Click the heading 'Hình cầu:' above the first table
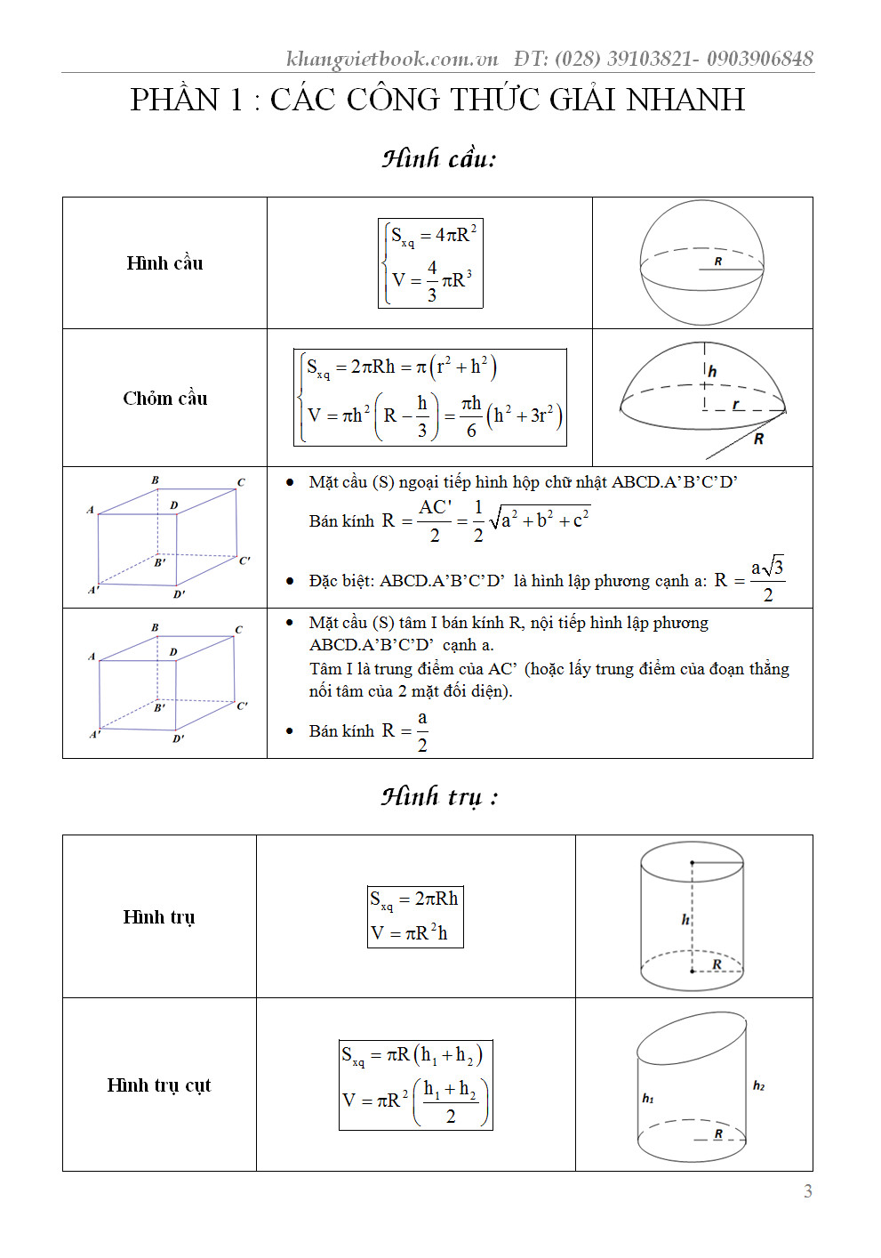439,158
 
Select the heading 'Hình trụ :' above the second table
439,796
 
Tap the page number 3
807,1191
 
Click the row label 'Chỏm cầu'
165,399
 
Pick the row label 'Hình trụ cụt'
159,1085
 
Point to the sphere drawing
702,263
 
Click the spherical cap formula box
430,398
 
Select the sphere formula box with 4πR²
430,263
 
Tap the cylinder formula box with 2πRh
415,916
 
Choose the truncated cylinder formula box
415,1085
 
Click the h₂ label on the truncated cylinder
758,1085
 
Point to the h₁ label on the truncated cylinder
648,1099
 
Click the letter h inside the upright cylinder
685,919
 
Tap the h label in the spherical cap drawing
712,371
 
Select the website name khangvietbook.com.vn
392,59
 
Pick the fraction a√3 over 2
767,580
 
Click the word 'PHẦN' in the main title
174,100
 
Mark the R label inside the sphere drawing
718,262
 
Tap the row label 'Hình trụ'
159,917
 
